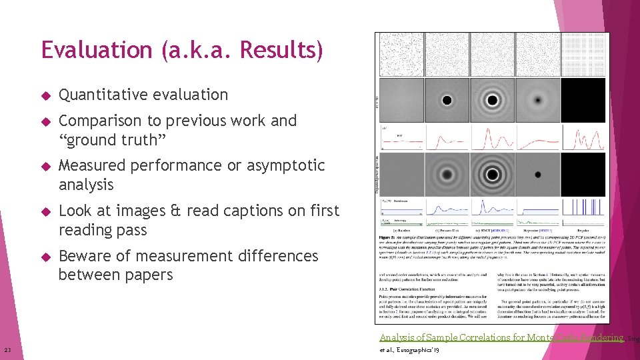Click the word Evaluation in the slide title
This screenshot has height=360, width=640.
tap(96, 50)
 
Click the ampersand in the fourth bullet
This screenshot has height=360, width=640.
tap(175, 211)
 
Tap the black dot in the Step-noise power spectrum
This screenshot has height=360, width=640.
tap(537, 175)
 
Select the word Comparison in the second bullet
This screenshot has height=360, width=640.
tap(97, 121)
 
